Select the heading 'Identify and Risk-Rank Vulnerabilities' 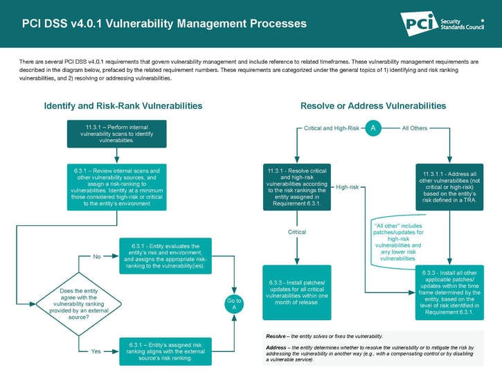123,106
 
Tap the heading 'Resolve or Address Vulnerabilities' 373,106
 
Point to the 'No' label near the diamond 97,256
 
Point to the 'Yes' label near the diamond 96,351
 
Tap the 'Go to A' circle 234,304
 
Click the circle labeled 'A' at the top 373,128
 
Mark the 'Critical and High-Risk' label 332,128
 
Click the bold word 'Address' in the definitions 277,346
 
